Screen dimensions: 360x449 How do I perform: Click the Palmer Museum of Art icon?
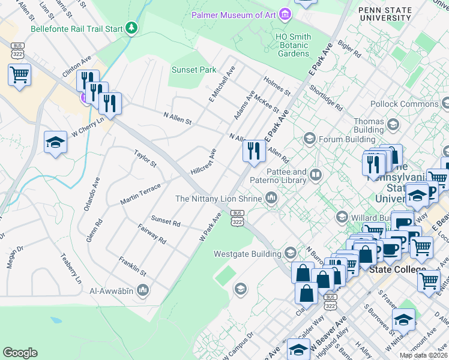(x=285, y=14)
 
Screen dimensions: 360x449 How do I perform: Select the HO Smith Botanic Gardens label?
(x=293, y=45)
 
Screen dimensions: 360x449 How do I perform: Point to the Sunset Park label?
(x=194, y=70)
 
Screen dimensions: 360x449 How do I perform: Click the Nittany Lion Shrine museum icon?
(x=271, y=198)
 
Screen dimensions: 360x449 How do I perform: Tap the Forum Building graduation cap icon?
(x=310, y=139)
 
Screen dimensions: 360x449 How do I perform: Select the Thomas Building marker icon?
(x=393, y=125)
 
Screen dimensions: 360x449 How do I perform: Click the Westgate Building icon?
(x=291, y=253)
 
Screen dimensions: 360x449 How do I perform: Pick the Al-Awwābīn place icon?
(x=143, y=291)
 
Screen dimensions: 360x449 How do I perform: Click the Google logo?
(x=20, y=352)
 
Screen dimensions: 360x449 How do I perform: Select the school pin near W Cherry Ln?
(x=55, y=142)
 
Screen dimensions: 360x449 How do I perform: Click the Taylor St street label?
(x=145, y=159)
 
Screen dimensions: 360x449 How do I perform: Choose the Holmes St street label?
(x=277, y=85)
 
